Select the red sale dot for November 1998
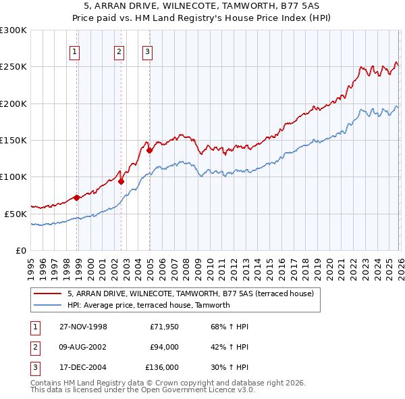[77, 197]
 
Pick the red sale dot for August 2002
[121, 181]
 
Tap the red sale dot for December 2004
[149, 150]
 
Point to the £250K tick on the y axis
[13, 67]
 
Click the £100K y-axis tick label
[13, 177]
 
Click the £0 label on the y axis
[21, 250]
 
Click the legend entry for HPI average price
[148, 305]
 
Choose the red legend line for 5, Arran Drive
[47, 294]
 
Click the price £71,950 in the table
[164, 327]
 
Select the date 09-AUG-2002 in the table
[83, 347]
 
